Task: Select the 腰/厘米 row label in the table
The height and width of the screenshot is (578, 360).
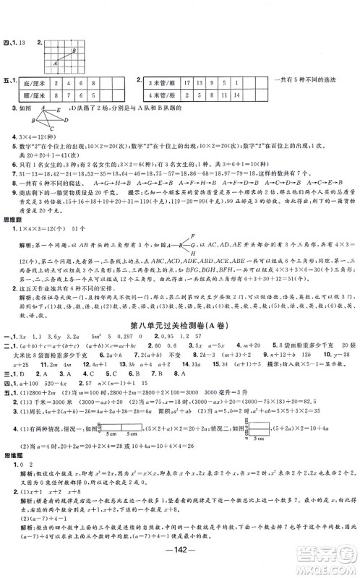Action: (x=33, y=95)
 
